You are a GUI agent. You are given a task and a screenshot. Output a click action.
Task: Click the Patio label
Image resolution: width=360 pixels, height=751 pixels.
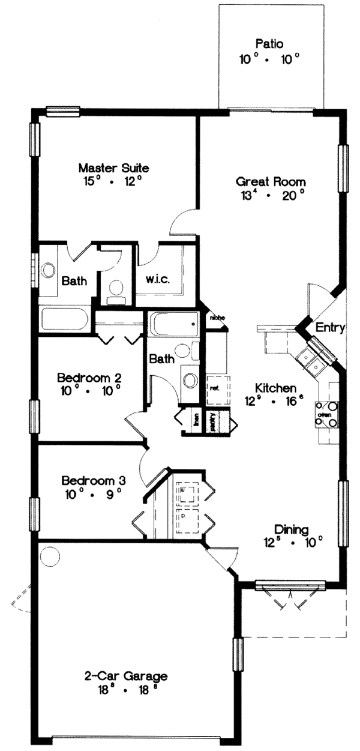[269, 44]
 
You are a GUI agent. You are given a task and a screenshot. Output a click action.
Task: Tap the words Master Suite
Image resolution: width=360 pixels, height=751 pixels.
[113, 167]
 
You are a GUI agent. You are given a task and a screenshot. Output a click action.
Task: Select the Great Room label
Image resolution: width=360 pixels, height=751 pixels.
[271, 181]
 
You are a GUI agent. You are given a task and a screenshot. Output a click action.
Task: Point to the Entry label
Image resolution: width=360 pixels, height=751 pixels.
[330, 328]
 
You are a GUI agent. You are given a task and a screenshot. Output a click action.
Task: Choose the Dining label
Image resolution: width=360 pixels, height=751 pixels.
[291, 529]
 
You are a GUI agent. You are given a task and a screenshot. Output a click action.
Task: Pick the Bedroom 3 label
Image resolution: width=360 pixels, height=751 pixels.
[93, 480]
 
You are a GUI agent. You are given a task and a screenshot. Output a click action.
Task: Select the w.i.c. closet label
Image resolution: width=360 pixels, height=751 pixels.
[158, 279]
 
